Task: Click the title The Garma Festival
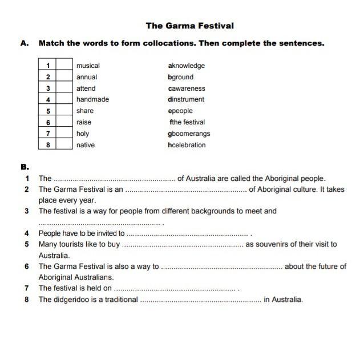point(189,26)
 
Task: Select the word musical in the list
point(88,66)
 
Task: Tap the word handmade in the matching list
point(92,99)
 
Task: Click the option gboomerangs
point(189,134)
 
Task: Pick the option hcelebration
point(187,145)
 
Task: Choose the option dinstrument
point(186,99)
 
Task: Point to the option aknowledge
point(186,66)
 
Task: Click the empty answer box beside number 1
point(64,66)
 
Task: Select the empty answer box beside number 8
point(64,145)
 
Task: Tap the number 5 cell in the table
point(48,111)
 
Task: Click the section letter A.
point(23,43)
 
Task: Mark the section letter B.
point(23,167)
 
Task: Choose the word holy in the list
point(83,134)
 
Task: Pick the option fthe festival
point(187,122)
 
